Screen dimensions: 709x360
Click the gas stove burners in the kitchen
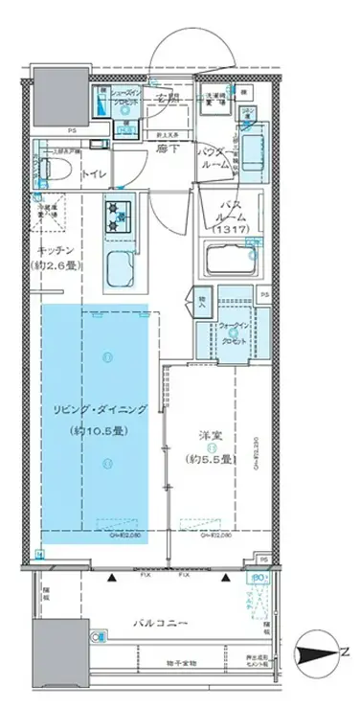122,216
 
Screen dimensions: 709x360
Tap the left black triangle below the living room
112,578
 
